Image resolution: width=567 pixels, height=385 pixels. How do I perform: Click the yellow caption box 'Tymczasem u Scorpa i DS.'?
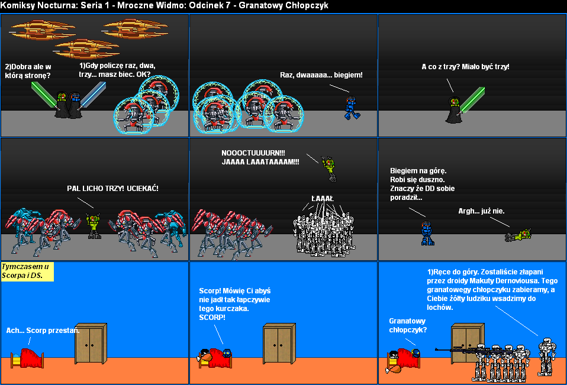click(x=28, y=271)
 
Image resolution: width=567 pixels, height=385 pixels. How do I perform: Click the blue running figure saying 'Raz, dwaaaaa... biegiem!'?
click(x=350, y=108)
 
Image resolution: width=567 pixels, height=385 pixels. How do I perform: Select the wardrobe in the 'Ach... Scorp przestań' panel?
click(x=91, y=344)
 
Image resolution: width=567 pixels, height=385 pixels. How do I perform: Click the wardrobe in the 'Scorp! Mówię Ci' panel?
click(x=278, y=344)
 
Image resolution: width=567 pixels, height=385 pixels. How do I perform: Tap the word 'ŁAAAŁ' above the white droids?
click(x=323, y=198)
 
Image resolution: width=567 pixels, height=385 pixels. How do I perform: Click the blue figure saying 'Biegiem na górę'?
click(x=427, y=233)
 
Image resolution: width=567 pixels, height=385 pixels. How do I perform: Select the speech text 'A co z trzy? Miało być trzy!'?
click(x=465, y=67)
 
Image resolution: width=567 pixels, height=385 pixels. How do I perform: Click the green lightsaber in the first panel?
click(x=43, y=92)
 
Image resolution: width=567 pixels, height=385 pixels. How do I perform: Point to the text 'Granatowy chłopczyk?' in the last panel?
click(x=408, y=325)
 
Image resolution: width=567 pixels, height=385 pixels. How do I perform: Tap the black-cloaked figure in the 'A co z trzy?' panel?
click(x=454, y=111)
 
